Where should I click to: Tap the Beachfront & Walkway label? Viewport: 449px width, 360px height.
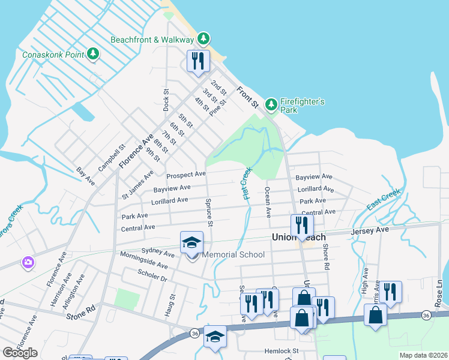[152, 40]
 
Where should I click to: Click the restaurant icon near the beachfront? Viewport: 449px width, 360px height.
[196, 61]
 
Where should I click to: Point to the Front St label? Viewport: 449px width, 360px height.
[247, 98]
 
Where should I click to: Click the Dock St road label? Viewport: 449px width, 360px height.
[166, 100]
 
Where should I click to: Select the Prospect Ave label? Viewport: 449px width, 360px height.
[186, 175]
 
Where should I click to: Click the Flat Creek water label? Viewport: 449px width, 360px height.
[246, 184]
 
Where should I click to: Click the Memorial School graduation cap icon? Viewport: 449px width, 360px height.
[191, 242]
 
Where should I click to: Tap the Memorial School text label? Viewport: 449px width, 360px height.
[234, 255]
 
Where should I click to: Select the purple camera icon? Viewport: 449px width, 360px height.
[28, 262]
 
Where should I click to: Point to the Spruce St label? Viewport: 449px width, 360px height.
[209, 212]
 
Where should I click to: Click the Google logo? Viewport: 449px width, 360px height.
[20, 353]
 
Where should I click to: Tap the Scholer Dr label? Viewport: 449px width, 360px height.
[152, 277]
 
